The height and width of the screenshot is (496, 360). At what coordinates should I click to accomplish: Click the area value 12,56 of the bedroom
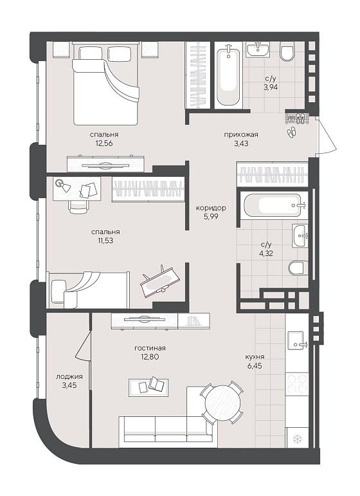[104, 143]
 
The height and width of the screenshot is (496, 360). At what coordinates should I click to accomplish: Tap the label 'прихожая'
[241, 134]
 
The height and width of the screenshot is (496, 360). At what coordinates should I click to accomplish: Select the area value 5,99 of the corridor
[211, 217]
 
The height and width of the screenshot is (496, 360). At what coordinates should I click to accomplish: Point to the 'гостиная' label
[150, 348]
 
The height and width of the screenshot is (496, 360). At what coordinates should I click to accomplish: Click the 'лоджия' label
[69, 377]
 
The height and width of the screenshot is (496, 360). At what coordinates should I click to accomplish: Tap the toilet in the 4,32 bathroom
[298, 268]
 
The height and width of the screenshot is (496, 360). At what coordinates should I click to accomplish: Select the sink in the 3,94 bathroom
[258, 50]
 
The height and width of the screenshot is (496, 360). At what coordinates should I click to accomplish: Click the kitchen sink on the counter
[296, 340]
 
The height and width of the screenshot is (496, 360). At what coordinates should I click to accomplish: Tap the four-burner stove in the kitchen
[296, 383]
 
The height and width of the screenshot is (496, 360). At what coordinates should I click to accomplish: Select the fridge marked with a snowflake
[296, 438]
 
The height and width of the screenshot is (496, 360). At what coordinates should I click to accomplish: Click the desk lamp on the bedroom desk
[62, 186]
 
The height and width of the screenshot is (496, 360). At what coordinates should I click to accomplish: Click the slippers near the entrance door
[291, 132]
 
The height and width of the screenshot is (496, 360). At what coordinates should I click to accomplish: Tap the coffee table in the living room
[148, 387]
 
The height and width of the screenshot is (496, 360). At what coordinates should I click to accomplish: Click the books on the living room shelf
[194, 321]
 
